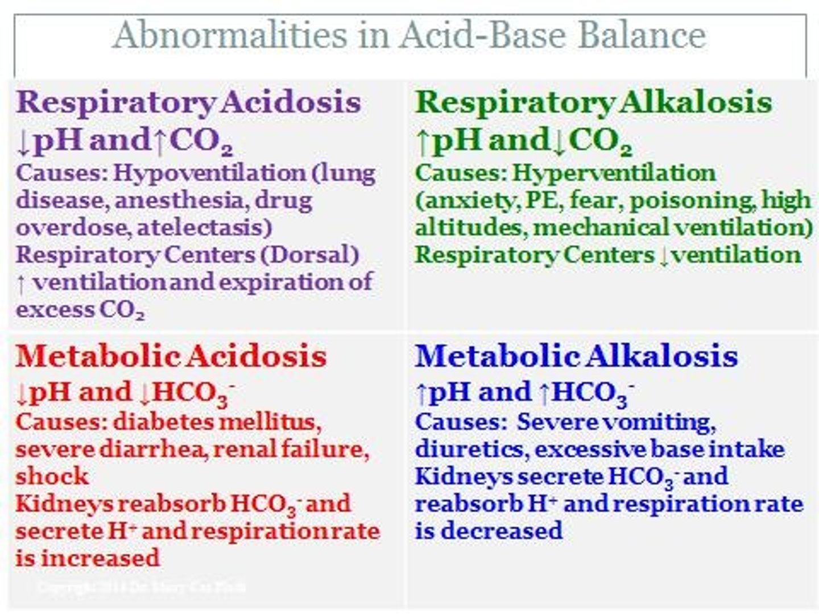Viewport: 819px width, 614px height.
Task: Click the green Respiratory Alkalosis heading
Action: pyautogui.click(x=594, y=102)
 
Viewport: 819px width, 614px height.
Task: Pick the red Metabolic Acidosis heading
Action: pyautogui.click(x=171, y=356)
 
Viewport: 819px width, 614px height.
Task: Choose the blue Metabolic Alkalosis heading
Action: pyautogui.click(x=576, y=356)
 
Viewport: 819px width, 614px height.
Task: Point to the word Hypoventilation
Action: pyautogui.click(x=209, y=173)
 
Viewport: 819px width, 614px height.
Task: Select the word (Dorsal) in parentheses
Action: pyautogui.click(x=309, y=254)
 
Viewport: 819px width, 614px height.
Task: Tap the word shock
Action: pyautogui.click(x=52, y=476)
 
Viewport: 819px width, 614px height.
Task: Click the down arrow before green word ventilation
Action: pyautogui.click(x=664, y=255)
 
